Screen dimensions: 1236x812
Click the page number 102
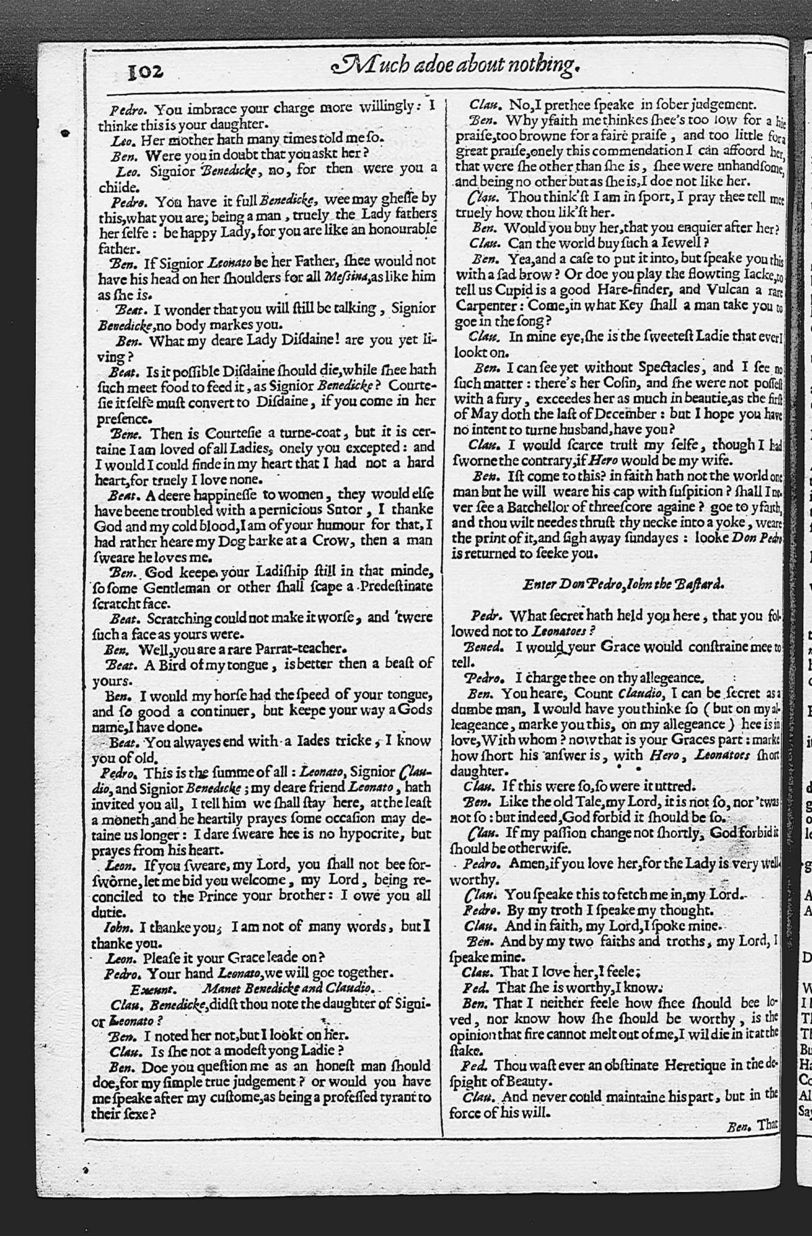click(145, 70)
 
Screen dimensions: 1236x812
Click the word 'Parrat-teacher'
click(304, 648)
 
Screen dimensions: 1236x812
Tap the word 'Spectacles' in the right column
click(674, 367)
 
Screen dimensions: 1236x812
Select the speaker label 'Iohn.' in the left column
click(117, 927)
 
